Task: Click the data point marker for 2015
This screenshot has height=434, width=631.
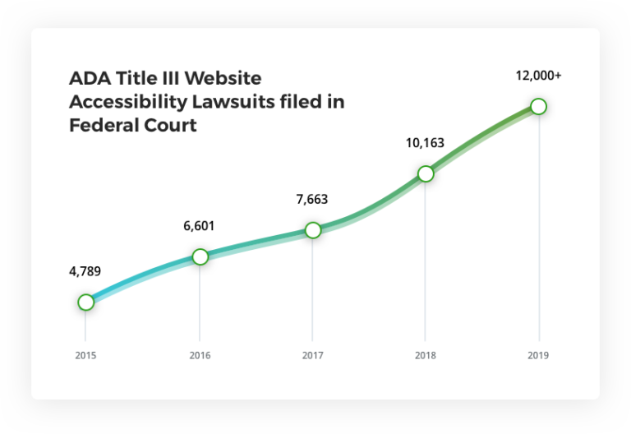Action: tap(85, 302)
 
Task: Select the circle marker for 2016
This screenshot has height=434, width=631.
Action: tap(200, 256)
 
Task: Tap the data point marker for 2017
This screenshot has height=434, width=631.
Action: tap(312, 230)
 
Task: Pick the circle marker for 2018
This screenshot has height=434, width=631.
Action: tap(425, 173)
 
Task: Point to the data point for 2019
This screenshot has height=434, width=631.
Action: tap(538, 106)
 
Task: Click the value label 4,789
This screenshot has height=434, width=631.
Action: tap(85, 271)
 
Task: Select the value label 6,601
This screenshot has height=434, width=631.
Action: tap(200, 226)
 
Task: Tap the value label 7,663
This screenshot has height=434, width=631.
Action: tap(312, 199)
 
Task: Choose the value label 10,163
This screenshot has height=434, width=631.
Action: tap(425, 143)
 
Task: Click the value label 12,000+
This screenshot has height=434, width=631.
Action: tap(538, 76)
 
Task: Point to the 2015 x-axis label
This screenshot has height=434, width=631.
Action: tap(85, 356)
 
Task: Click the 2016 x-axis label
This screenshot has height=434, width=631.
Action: tap(200, 356)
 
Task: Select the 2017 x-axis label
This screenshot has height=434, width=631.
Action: tap(312, 356)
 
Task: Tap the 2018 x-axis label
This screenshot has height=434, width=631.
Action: tap(425, 356)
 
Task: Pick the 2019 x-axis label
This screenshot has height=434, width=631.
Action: tap(538, 356)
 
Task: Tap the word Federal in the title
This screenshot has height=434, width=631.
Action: tap(104, 127)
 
